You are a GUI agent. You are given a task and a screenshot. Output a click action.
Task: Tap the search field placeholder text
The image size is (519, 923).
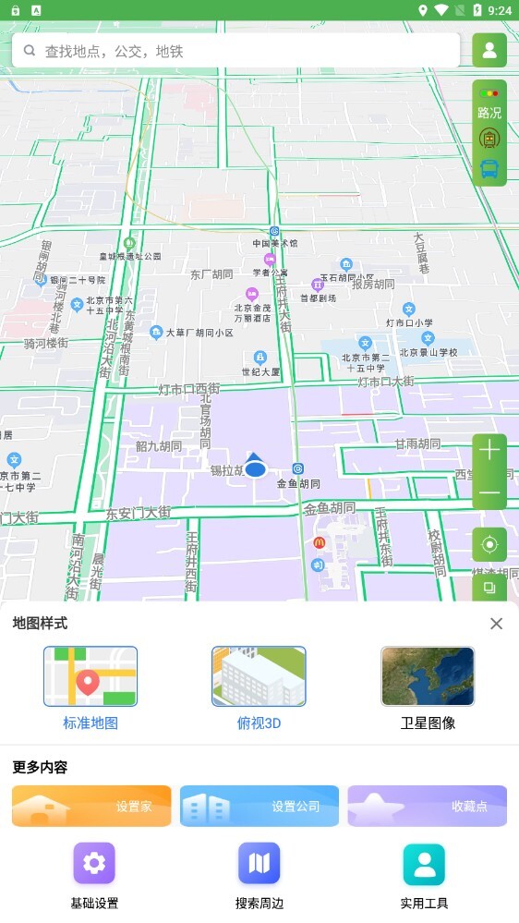(115, 52)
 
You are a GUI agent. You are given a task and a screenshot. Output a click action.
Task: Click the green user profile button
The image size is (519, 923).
(489, 51)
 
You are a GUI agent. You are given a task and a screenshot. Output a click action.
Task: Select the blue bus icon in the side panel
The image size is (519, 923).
(489, 169)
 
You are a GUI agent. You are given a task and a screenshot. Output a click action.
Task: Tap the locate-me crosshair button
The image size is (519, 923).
(489, 545)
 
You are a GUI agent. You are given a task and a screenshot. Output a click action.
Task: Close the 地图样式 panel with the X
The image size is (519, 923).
(496, 624)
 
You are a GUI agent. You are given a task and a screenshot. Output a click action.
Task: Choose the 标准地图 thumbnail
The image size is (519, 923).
(91, 676)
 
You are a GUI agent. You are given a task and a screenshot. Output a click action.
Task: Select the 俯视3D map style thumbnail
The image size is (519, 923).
(259, 676)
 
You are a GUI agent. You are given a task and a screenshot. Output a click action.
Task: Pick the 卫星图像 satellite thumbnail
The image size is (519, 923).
(428, 676)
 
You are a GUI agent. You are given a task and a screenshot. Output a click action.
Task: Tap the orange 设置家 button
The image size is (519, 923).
(91, 806)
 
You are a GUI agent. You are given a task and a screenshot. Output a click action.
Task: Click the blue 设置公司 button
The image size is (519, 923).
(259, 806)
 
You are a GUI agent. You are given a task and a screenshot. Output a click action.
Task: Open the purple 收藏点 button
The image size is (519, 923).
(427, 806)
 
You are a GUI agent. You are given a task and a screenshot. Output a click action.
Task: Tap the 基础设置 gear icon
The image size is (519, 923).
(94, 864)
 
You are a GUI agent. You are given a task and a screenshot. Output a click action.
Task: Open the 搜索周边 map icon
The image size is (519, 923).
(259, 864)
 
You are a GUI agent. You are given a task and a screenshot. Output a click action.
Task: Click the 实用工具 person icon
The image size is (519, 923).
(424, 864)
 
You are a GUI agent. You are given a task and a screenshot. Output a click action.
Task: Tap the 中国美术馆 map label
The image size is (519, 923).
(275, 243)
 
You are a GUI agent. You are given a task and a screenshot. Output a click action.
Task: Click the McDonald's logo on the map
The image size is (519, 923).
(320, 542)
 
